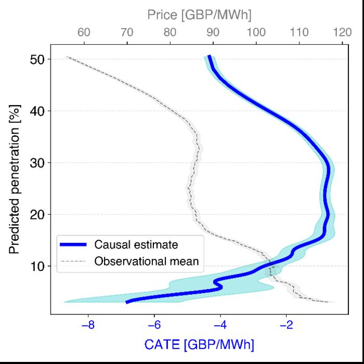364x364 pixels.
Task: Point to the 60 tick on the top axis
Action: pyautogui.click(x=84, y=33)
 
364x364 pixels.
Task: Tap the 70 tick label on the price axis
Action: pyautogui.click(x=127, y=33)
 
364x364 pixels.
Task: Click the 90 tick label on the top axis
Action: pyautogui.click(x=213, y=33)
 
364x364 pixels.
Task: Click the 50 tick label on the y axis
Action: pyautogui.click(x=37, y=59)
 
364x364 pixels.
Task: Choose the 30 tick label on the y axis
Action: pyautogui.click(x=37, y=163)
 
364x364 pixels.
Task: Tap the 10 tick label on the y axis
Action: pyautogui.click(x=37, y=266)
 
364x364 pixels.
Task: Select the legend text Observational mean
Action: pyautogui.click(x=146, y=261)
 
